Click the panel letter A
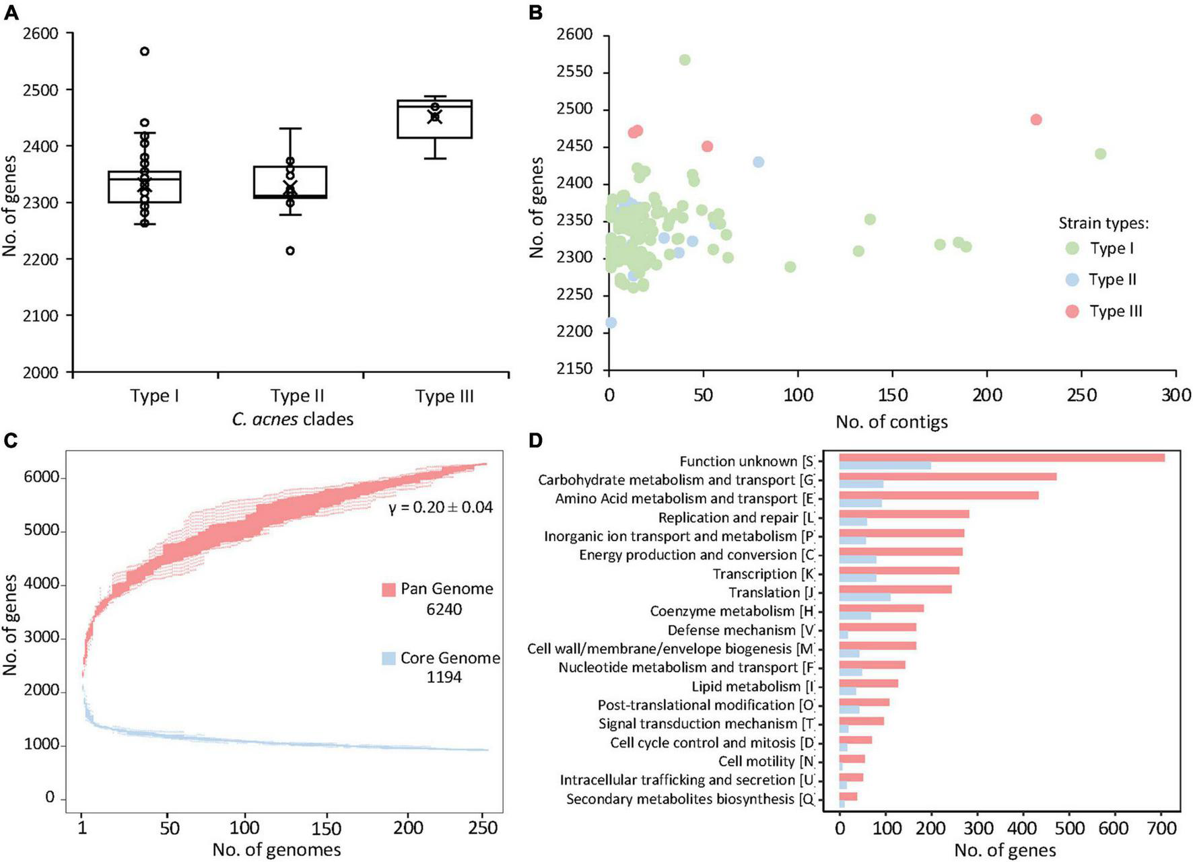[11, 11]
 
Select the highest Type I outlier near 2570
[144, 51]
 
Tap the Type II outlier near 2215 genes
[289, 250]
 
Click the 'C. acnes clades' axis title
[293, 419]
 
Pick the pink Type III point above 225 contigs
[1036, 120]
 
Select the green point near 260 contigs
[1100, 154]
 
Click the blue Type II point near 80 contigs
[759, 162]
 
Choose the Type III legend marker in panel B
[1072, 311]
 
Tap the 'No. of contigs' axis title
[891, 422]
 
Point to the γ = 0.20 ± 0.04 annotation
[441, 507]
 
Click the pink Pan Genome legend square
[388, 589]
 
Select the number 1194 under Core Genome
[444, 677]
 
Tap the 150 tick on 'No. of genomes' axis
[327, 828]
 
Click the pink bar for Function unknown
[1002, 458]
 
